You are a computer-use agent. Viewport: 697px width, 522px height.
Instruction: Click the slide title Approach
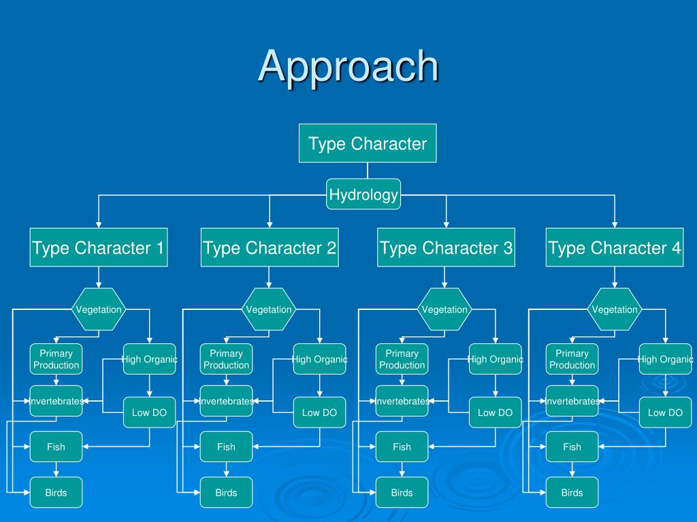pos(348,67)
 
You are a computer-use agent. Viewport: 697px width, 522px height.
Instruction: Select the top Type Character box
pos(368,143)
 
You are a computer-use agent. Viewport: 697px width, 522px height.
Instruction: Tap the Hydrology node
pos(363,194)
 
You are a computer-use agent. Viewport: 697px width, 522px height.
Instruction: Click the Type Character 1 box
pos(99,247)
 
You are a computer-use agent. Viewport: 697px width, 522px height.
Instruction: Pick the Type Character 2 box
pos(270,247)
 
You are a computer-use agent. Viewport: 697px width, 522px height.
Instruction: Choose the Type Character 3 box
pos(447,247)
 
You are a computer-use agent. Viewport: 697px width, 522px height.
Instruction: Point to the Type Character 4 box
pos(615,247)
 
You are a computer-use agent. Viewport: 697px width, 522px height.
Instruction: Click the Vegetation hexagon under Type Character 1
pos(99,309)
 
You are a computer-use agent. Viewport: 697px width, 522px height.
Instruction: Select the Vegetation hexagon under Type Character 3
pos(444,309)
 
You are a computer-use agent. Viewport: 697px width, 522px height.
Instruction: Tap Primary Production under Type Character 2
pos(226,359)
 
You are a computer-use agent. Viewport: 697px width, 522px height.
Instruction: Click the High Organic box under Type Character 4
pos(666,359)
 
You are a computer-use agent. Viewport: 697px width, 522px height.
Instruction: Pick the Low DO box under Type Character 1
pos(149,413)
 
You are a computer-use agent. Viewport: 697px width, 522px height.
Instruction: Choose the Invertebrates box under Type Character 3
pos(402,401)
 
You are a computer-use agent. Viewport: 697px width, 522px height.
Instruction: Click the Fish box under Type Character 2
pos(226,447)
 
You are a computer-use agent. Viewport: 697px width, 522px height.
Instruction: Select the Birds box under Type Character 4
pos(572,492)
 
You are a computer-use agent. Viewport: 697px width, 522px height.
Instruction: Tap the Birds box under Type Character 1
pos(56,492)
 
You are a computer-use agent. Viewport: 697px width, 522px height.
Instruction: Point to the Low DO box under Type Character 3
pos(496,413)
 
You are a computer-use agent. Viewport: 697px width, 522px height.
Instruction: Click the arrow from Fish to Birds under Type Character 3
pos(402,470)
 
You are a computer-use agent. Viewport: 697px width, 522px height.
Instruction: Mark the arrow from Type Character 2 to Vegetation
pos(269,277)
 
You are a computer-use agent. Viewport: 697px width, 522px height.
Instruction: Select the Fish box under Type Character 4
pos(572,447)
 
